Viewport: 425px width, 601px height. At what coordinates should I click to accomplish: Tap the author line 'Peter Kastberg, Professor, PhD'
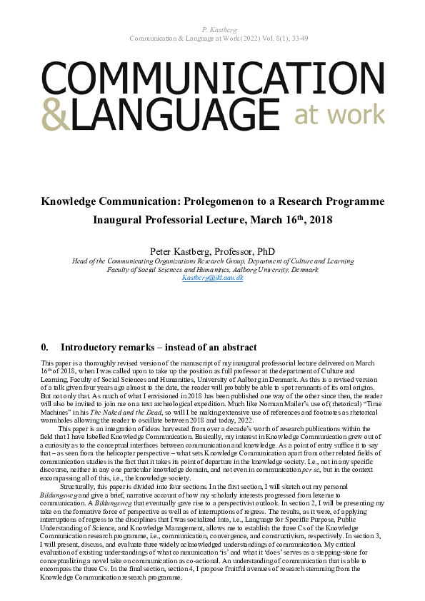coord(212,251)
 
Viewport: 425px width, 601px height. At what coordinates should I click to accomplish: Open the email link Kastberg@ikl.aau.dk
coord(212,277)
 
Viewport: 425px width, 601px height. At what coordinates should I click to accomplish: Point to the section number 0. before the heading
coord(46,348)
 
